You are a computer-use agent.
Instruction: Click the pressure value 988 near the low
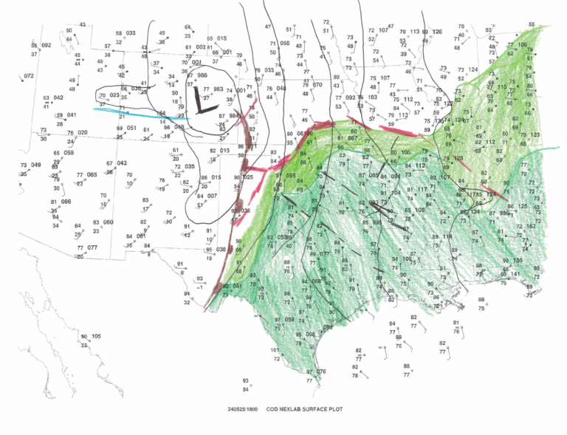pyautogui.click(x=202, y=76)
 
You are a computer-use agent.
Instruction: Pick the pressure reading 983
pyautogui.click(x=218, y=89)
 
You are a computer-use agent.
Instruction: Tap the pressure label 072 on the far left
pyautogui.click(x=29, y=76)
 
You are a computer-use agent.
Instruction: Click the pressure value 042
pyautogui.click(x=58, y=97)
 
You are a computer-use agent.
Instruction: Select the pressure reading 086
pyautogui.click(x=65, y=202)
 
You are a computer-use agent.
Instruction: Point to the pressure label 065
pyautogui.click(x=92, y=175)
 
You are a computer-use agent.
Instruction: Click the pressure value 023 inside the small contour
pyautogui.click(x=114, y=95)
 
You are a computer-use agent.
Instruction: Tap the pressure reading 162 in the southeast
pyautogui.click(x=531, y=227)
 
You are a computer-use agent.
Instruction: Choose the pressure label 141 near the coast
pyautogui.click(x=515, y=274)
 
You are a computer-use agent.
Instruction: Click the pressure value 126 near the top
pyautogui.click(x=437, y=32)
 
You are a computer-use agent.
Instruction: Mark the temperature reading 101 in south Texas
pyautogui.click(x=275, y=350)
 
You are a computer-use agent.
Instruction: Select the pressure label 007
pyautogui.click(x=212, y=196)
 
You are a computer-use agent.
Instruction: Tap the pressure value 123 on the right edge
pyautogui.click(x=535, y=134)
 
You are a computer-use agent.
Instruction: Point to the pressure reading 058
pyautogui.click(x=69, y=153)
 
